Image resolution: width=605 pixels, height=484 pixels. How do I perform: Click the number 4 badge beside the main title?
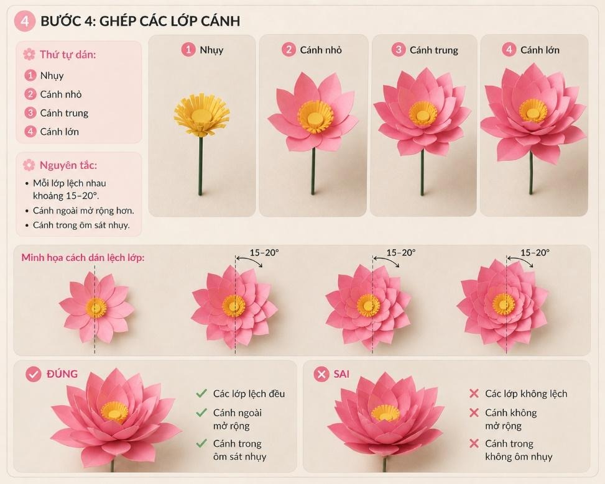pos(25,21)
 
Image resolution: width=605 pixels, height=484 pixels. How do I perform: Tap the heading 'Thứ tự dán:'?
pos(68,55)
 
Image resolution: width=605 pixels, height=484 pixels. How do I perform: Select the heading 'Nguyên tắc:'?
pos(68,165)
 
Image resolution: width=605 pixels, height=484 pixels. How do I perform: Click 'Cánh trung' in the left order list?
pos(64,113)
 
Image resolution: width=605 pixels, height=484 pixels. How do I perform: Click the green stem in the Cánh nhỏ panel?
pos(313,171)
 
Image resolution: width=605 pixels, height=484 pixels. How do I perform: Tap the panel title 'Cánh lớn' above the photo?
pos(540,50)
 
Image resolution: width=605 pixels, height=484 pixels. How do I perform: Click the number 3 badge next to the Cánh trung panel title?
pos(399,50)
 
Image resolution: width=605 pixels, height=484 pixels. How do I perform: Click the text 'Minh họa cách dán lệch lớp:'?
pos(83,257)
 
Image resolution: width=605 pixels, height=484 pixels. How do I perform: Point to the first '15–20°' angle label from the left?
pos(264,253)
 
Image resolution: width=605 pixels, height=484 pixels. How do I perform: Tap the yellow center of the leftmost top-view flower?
pos(96,307)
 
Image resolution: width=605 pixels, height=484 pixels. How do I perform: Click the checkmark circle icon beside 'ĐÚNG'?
pos(34,374)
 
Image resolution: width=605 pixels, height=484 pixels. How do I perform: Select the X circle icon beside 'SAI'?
pos(321,374)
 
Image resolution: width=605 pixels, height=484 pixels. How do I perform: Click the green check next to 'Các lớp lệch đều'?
pos(201,393)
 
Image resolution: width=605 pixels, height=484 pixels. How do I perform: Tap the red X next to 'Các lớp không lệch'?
pos(474,393)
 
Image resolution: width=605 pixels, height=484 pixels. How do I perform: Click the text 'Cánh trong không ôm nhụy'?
pos(519,450)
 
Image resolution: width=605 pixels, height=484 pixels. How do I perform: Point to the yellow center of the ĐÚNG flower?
pos(114,412)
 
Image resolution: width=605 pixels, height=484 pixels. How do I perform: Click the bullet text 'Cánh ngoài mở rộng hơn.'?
pos(83,211)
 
